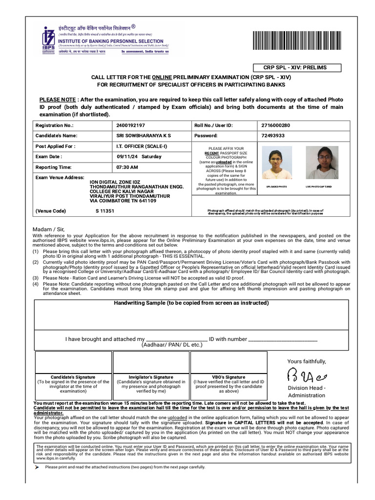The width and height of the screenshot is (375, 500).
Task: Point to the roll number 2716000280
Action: click(x=275, y=125)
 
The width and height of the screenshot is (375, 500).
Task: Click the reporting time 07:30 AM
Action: click(x=127, y=167)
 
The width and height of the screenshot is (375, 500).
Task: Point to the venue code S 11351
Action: click(x=104, y=211)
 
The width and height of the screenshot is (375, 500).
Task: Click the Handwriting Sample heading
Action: click(x=191, y=303)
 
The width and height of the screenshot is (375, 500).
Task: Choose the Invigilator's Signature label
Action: click(x=151, y=377)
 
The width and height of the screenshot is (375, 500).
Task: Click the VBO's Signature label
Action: click(x=229, y=377)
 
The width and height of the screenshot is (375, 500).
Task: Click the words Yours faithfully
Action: click(x=306, y=361)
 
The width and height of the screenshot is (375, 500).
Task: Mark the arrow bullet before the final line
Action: click(x=37, y=467)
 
